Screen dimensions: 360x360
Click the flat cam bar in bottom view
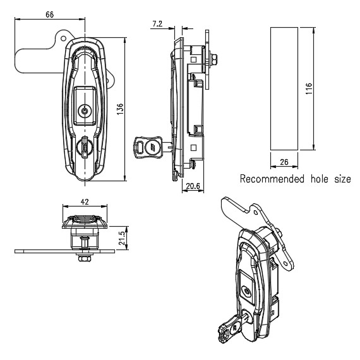click(63, 251)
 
